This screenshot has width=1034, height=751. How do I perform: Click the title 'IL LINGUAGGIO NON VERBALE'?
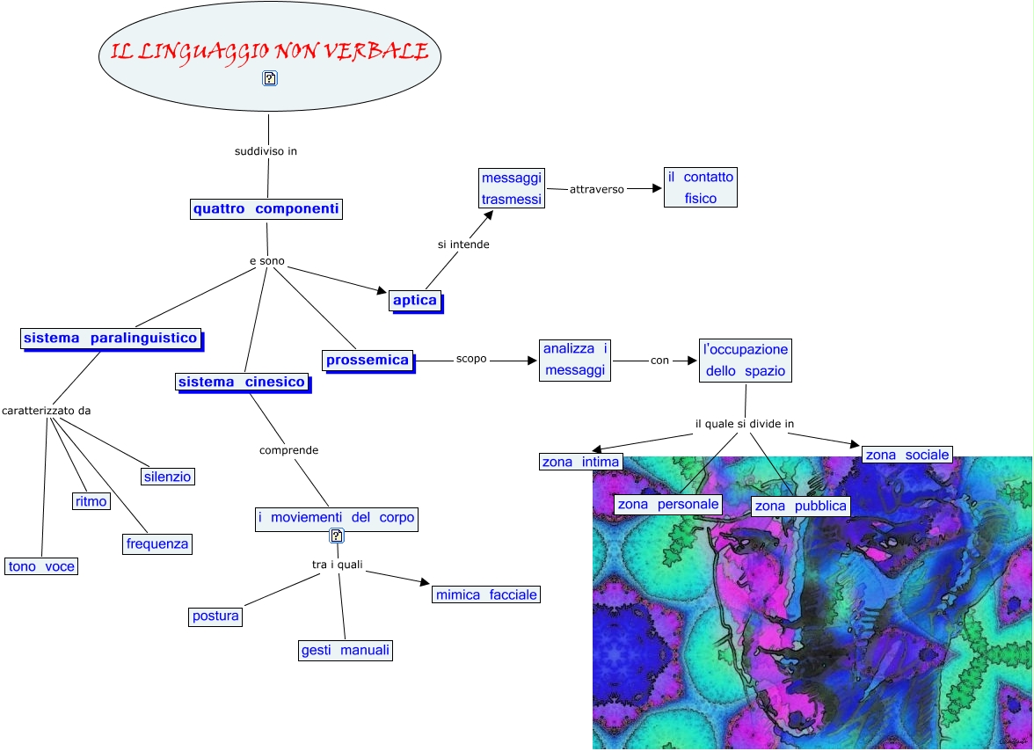tap(270, 52)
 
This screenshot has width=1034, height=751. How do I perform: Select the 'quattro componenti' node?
tap(266, 209)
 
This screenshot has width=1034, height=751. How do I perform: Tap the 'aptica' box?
tap(415, 301)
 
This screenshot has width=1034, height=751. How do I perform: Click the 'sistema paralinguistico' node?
tap(111, 339)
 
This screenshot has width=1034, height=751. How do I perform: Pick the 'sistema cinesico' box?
tap(242, 382)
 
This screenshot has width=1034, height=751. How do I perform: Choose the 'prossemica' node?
tap(368, 360)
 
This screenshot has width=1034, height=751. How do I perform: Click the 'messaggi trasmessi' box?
tap(513, 188)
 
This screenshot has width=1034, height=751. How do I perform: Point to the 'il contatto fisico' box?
tap(700, 188)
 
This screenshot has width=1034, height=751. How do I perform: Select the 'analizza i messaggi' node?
tap(575, 360)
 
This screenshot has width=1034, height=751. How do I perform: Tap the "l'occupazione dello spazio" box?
tap(745, 360)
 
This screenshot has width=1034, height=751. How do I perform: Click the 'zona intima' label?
tap(580, 462)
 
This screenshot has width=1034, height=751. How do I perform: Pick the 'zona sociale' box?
tap(907, 455)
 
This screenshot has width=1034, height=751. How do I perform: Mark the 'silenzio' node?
tap(167, 477)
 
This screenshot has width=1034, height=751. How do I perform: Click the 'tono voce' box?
tap(41, 566)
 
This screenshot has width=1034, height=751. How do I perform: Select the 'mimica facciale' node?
tap(486, 594)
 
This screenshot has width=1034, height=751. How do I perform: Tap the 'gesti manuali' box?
tap(345, 651)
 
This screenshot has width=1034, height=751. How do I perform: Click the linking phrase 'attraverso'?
tap(597, 189)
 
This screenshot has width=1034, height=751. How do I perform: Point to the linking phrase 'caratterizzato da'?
tap(47, 411)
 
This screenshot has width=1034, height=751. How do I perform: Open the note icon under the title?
tap(270, 78)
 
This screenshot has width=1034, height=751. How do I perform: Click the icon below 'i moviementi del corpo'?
tap(336, 536)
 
